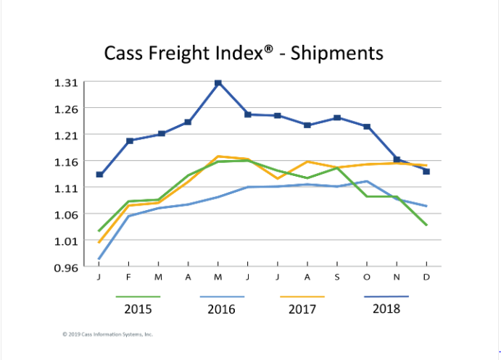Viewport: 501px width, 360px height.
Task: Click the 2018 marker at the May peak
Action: [218, 83]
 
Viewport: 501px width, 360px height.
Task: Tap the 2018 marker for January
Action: [99, 175]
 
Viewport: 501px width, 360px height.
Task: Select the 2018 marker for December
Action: [426, 172]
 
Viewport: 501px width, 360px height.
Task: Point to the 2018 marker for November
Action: [397, 159]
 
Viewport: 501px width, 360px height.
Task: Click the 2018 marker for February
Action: [129, 141]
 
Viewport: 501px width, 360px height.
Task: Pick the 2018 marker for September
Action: [337, 118]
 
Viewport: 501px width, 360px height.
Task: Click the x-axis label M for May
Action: [218, 277]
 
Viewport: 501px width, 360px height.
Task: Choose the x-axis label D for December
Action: [426, 277]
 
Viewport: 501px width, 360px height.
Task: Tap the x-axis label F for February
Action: [129, 277]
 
